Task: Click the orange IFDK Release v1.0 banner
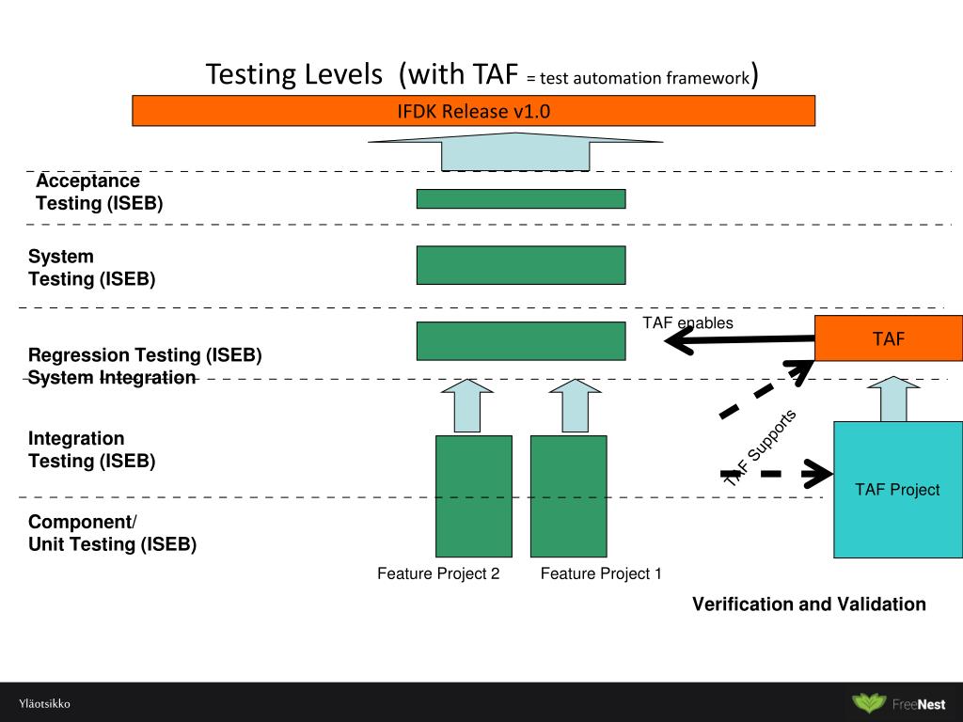coord(473,111)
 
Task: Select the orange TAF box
coord(888,338)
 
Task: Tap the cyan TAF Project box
coord(897,489)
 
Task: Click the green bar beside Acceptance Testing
coord(521,198)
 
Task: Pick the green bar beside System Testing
coord(521,265)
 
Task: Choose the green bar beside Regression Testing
coord(521,340)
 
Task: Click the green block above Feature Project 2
coord(474,495)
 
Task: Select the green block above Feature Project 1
coord(568,495)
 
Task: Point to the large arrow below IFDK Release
coord(515,150)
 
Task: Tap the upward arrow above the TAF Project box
coord(893,399)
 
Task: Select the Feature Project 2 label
coord(438,573)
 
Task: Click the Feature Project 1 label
coord(601,573)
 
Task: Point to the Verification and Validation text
coord(809,604)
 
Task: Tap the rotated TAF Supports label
coord(761,446)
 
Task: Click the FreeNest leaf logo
coord(869,703)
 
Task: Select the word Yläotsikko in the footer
coord(44,704)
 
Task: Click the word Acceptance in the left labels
coord(87,180)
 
